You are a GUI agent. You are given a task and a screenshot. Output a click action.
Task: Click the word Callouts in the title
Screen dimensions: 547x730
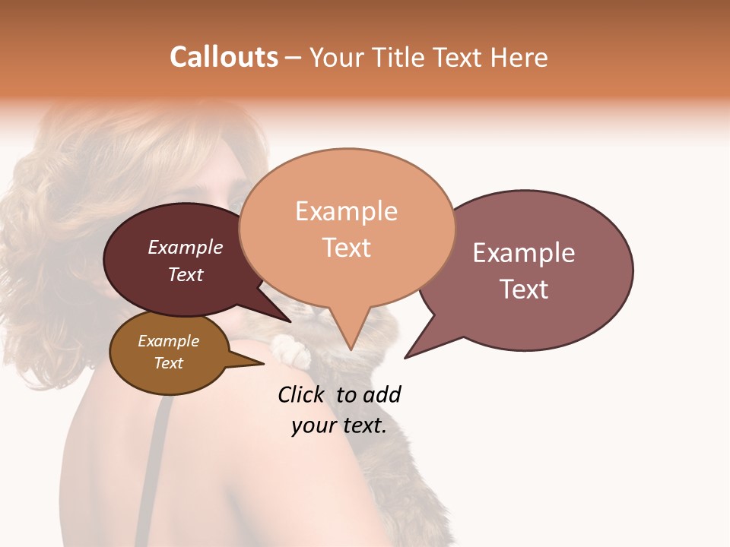(224, 57)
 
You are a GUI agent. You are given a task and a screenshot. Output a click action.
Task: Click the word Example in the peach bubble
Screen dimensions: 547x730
(346, 211)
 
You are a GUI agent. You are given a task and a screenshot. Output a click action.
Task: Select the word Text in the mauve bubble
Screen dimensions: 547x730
(524, 289)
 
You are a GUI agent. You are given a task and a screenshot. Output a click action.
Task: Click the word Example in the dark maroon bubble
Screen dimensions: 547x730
(186, 247)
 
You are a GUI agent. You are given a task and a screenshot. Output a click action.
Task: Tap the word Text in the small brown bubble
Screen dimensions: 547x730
(169, 363)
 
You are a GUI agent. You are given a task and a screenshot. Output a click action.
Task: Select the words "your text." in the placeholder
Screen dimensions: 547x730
(339, 425)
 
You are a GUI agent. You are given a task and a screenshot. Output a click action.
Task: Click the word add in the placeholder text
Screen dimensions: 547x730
(382, 394)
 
